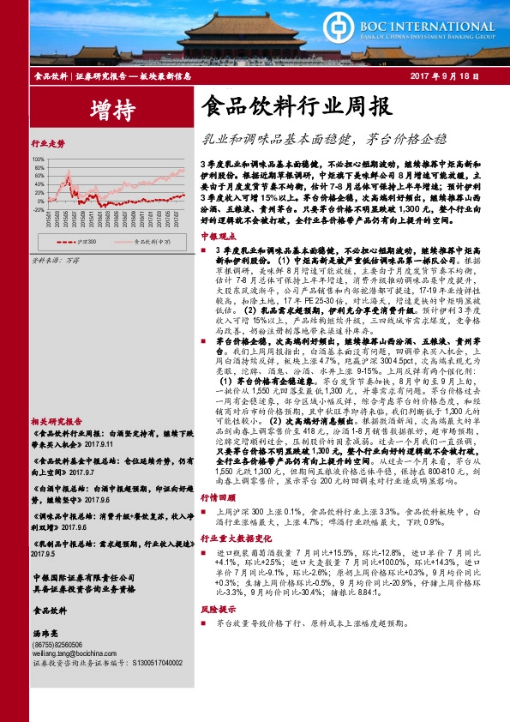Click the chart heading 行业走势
(x=48, y=143)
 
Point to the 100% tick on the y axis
(x=39, y=159)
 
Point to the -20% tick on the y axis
(x=39, y=208)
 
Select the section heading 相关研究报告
(x=57, y=397)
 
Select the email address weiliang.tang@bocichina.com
(x=75, y=652)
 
